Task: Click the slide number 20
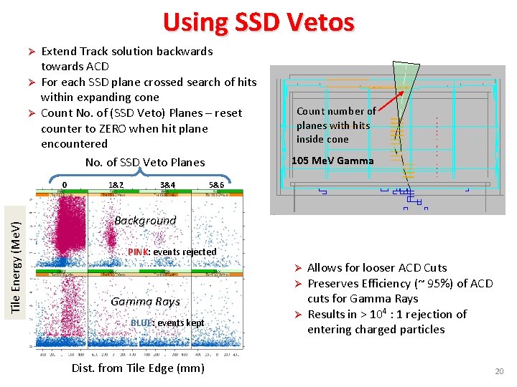499,371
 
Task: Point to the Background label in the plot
145,221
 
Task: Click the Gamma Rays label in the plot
145,302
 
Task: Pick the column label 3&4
167,184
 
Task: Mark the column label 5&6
216,184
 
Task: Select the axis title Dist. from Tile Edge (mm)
138,368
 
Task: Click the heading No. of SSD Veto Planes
145,162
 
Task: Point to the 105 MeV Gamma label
332,161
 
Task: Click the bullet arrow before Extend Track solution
31,52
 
